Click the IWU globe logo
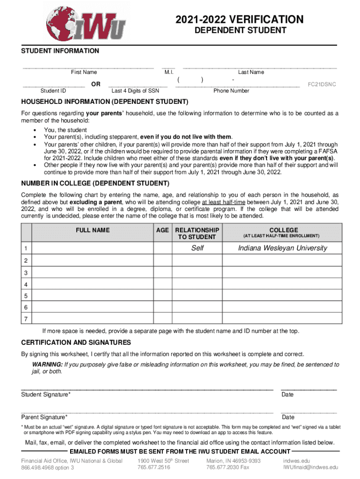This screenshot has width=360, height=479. click(86, 23)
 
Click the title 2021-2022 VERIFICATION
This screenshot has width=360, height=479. click(239, 20)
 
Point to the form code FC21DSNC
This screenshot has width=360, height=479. click(321, 85)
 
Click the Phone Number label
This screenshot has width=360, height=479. click(231, 91)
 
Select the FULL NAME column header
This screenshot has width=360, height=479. click(93, 230)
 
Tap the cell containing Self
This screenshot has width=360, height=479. click(197, 248)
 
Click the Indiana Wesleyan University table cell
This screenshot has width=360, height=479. click(282, 248)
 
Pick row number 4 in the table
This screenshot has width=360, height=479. click(26, 284)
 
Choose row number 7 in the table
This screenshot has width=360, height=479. click(26, 319)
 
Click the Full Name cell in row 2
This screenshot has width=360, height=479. click(93, 261)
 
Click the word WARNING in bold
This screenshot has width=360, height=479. click(47, 364)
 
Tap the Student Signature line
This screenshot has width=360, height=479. click(147, 389)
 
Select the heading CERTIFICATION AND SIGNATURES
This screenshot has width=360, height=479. click(76, 342)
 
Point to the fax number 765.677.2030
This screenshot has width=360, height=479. click(228, 467)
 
